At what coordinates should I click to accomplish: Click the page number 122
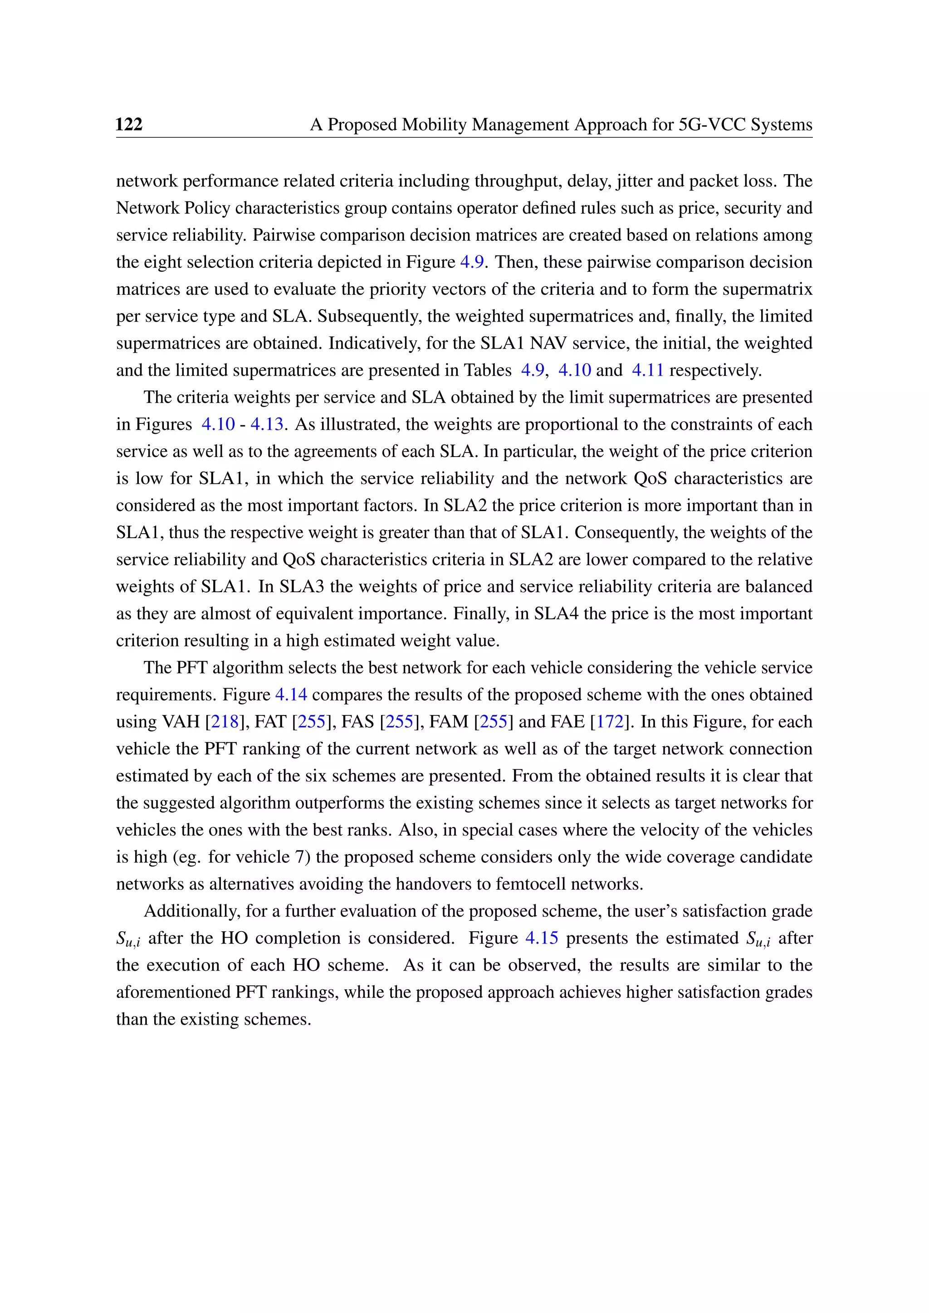pos(129,124)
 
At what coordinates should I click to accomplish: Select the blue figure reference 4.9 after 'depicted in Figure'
pos(473,262)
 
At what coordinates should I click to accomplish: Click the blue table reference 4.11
pos(648,370)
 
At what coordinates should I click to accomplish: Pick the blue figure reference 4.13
pos(267,424)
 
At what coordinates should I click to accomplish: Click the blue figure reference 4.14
pos(291,694)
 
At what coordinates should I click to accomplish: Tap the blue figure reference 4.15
pos(541,938)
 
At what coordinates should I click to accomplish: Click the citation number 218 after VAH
pos(225,722)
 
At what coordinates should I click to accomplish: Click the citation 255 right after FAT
pos(312,722)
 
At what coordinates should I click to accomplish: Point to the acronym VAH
pos(181,722)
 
